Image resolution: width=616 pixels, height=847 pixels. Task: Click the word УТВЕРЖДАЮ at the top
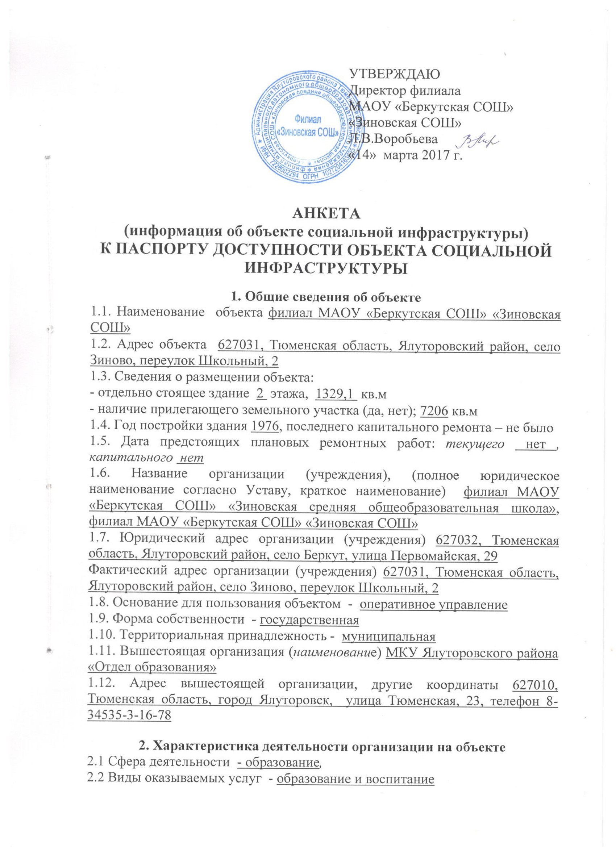coord(396,73)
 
